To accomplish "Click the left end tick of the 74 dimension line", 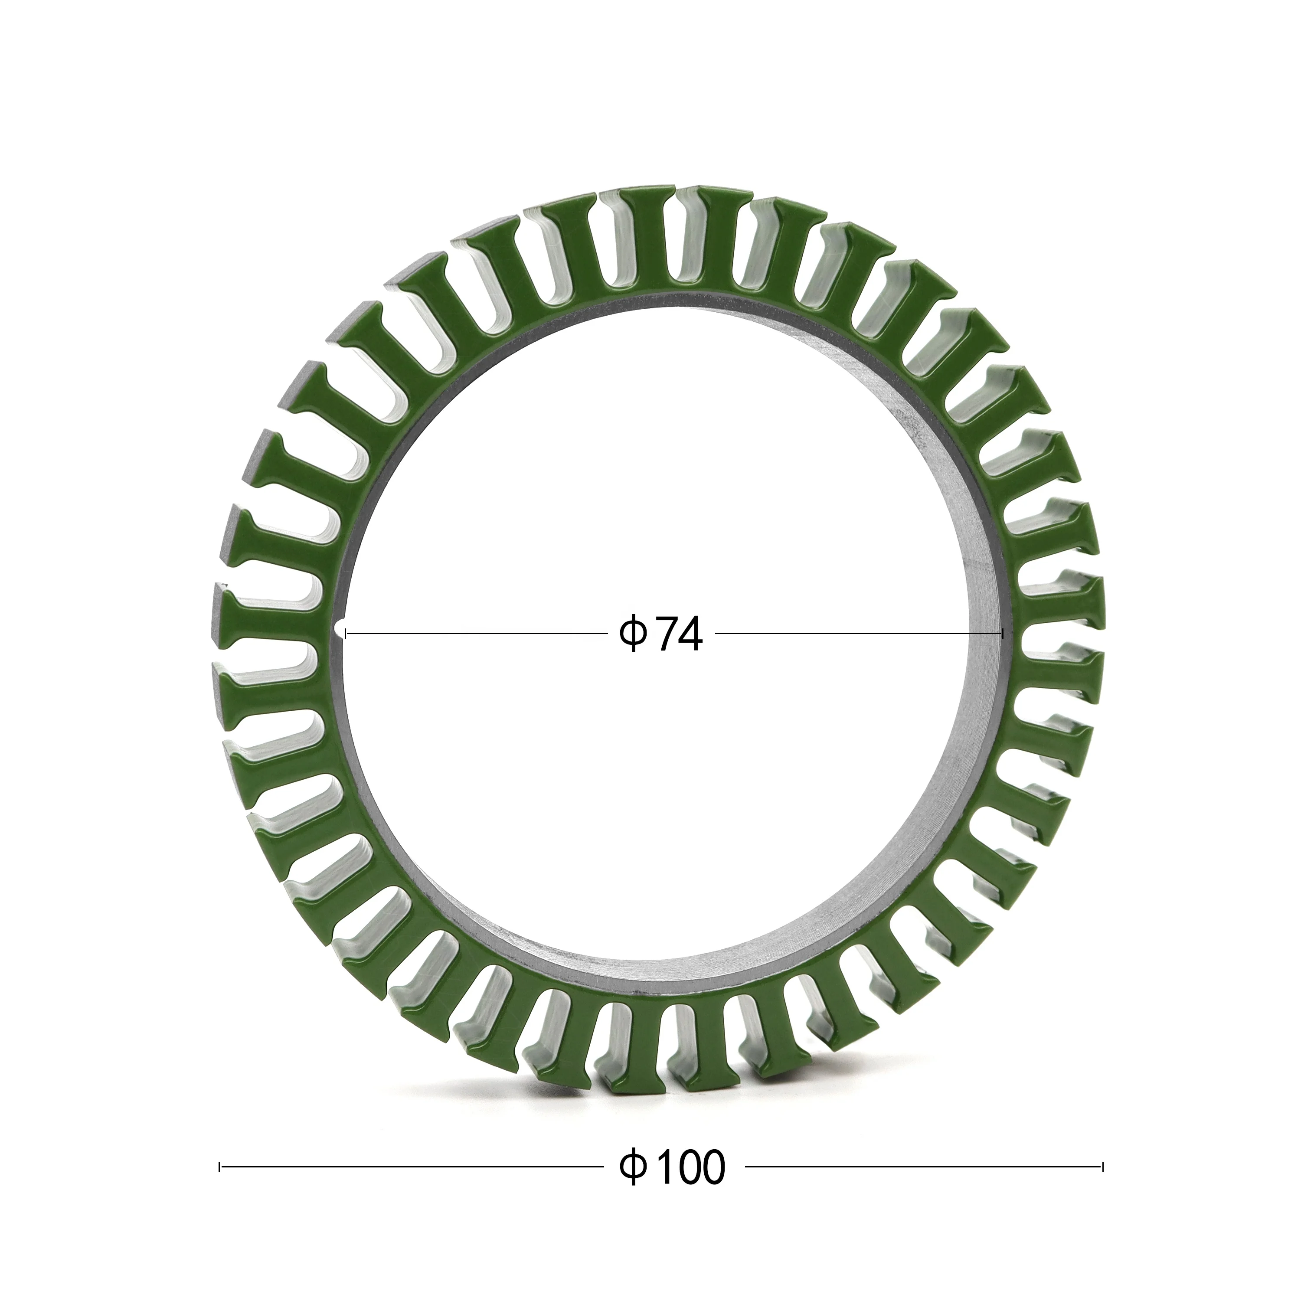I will click(346, 633).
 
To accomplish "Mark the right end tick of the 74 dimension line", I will click(1003, 633).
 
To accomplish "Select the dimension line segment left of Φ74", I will click(471, 633).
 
